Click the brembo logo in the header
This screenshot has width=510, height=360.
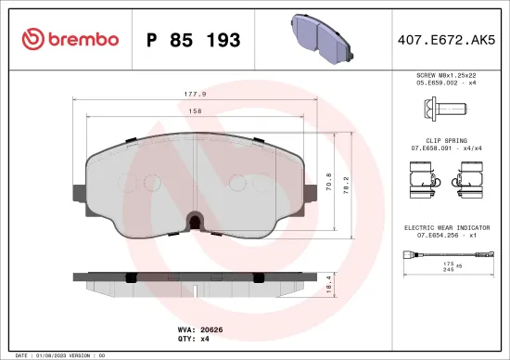(x=70, y=39)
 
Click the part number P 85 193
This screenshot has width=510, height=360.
(x=193, y=40)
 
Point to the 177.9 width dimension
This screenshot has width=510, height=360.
(x=196, y=94)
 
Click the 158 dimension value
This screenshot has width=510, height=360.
(x=196, y=111)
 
